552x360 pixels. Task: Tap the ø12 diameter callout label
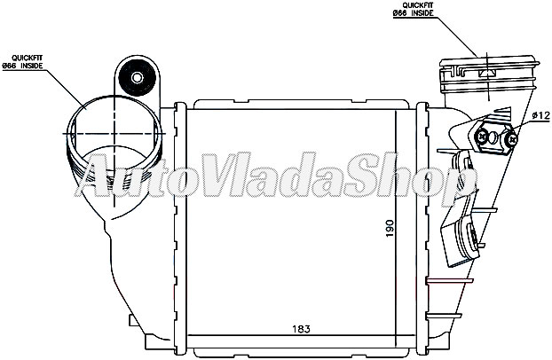click(x=540, y=115)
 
